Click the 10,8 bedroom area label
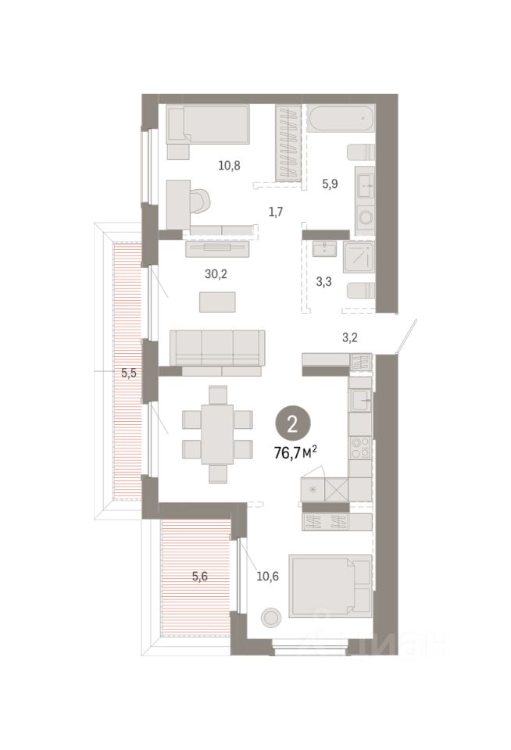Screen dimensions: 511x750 (x=229, y=166)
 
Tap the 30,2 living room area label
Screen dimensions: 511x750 (x=216, y=274)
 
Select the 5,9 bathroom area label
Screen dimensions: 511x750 (x=330, y=184)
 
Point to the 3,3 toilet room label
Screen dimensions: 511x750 (x=324, y=282)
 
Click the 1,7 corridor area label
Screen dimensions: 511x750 (x=276, y=212)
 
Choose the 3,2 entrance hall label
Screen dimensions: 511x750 (x=350, y=337)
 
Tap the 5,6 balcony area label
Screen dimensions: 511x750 (x=199, y=577)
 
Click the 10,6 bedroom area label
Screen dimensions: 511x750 (x=267, y=577)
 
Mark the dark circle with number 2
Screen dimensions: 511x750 (x=292, y=424)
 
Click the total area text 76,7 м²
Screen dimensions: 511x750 (x=295, y=452)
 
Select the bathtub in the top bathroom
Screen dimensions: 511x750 (x=341, y=119)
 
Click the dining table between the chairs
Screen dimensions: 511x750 (x=217, y=434)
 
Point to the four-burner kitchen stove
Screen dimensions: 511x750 (x=360, y=448)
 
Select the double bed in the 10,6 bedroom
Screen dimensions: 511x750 (x=331, y=586)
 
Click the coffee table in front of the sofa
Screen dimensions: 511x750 (x=217, y=302)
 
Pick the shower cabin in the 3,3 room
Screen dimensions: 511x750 (x=359, y=257)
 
